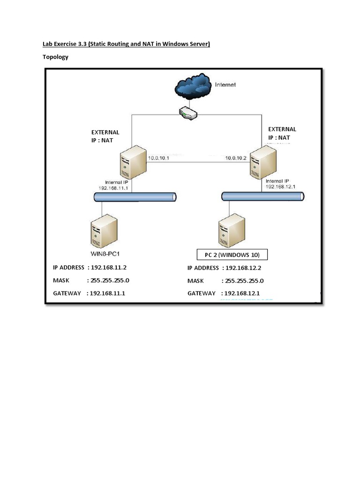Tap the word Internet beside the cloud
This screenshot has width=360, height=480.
click(225, 85)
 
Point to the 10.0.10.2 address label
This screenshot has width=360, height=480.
click(236, 158)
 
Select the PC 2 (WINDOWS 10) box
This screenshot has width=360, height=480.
click(232, 255)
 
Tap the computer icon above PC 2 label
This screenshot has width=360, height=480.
click(231, 230)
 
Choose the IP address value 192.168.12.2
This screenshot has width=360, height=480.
click(243, 268)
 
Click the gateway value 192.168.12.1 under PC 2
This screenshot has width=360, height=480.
click(242, 293)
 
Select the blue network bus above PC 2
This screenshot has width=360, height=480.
click(262, 196)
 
